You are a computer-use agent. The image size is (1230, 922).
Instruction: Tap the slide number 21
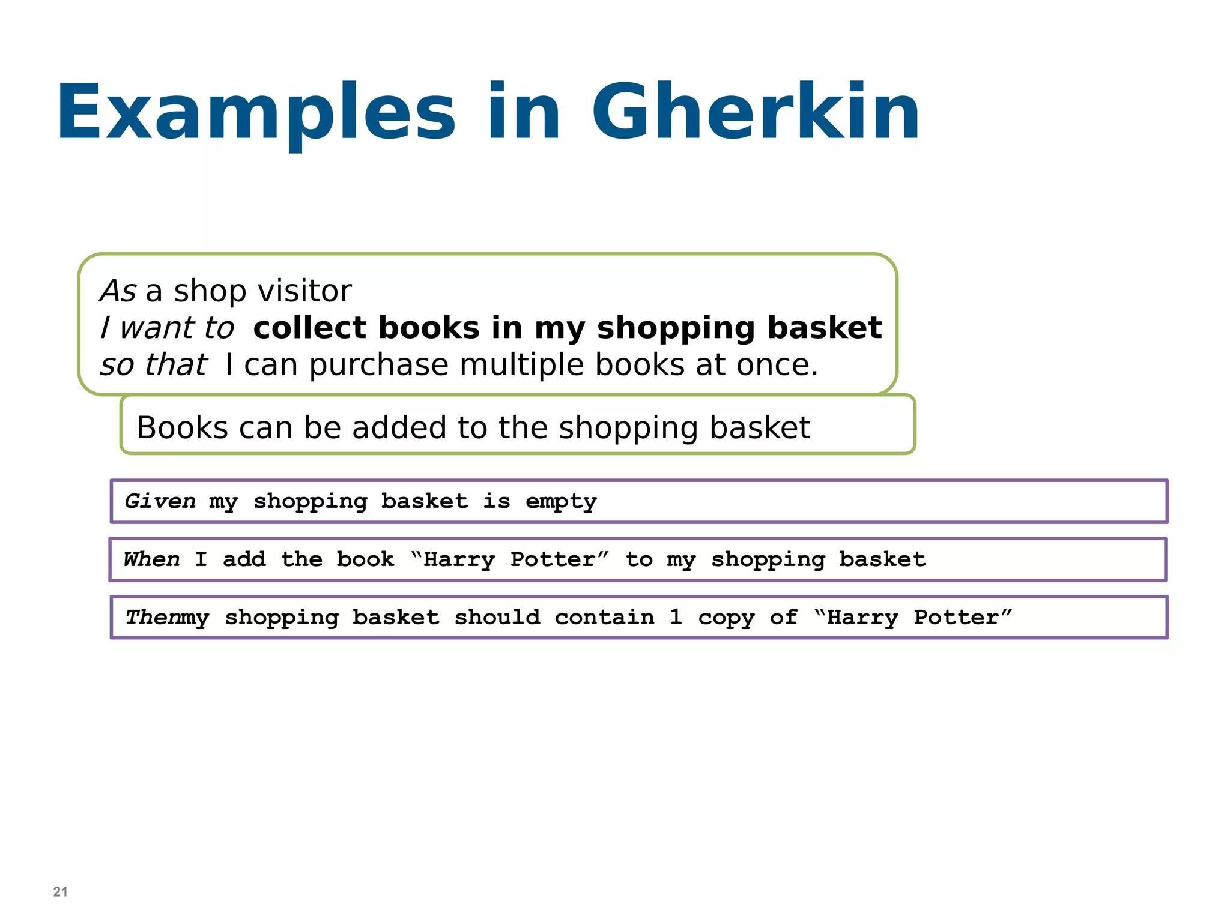pyautogui.click(x=60, y=891)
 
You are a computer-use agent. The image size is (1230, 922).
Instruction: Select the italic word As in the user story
pyautogui.click(x=118, y=291)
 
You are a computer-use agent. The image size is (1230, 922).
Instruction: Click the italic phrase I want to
pyautogui.click(x=167, y=328)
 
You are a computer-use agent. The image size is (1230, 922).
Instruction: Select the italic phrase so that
pyautogui.click(x=153, y=364)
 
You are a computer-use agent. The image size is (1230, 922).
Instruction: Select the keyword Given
pyautogui.click(x=160, y=501)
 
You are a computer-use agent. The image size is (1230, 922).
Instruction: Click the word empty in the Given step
pyautogui.click(x=561, y=502)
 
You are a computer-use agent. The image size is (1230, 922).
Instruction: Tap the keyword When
pyautogui.click(x=151, y=559)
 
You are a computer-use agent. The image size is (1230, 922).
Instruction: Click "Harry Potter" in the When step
pyautogui.click(x=510, y=559)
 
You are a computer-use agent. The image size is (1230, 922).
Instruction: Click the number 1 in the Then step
pyautogui.click(x=676, y=617)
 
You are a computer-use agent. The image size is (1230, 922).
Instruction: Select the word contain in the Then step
pyautogui.click(x=604, y=617)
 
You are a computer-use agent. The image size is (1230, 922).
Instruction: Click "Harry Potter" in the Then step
pyautogui.click(x=913, y=617)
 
